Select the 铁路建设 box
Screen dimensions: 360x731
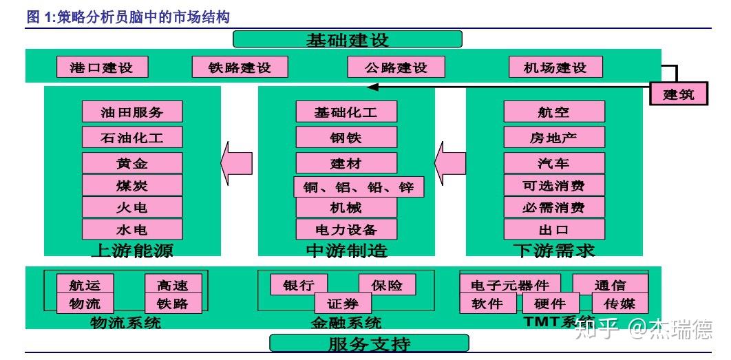click(x=240, y=67)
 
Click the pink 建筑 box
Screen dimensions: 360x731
click(x=679, y=94)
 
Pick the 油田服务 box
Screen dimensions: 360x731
click(x=132, y=112)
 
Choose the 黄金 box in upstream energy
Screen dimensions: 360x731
click(x=132, y=163)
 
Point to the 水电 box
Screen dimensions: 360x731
click(x=132, y=229)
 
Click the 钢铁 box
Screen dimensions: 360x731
click(x=346, y=137)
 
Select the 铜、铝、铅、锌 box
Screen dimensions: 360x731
click(x=358, y=186)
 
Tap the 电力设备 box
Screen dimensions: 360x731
click(x=346, y=229)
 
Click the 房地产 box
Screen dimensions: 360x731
click(x=554, y=137)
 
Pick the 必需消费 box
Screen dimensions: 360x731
click(x=554, y=207)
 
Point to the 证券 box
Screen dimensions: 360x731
click(x=343, y=303)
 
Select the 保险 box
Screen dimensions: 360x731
click(x=387, y=284)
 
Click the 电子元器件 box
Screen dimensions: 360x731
click(x=510, y=284)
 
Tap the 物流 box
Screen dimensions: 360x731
click(x=85, y=303)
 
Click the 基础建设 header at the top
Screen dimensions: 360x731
click(x=347, y=39)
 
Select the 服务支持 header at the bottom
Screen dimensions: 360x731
click(x=368, y=343)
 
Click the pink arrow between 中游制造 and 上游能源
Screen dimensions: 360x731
click(x=236, y=162)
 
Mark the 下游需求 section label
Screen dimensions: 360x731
click(x=553, y=250)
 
